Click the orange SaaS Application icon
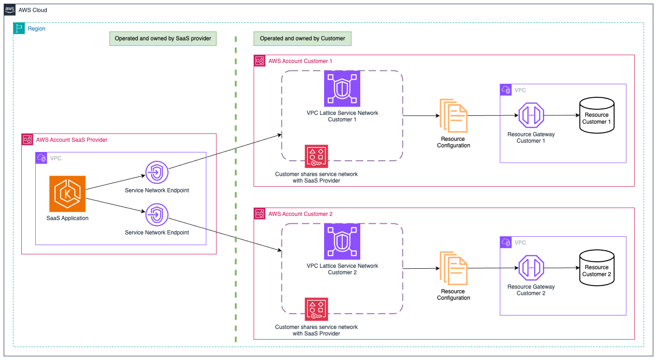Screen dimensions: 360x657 67,194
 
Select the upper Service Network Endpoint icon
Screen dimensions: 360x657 157,173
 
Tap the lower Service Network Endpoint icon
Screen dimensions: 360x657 157,215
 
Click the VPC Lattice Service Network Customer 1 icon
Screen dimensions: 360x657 342,88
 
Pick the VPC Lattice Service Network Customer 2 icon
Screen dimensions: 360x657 342,241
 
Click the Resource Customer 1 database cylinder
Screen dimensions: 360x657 597,115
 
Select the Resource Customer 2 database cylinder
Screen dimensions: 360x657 597,268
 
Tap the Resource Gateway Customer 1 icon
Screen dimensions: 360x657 531,115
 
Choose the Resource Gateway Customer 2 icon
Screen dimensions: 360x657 531,268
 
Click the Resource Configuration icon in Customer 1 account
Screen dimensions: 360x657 453,115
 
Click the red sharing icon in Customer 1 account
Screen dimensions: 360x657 316,156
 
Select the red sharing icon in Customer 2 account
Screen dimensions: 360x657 316,309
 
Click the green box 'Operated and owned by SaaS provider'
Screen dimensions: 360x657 163,38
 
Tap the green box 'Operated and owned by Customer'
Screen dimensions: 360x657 302,38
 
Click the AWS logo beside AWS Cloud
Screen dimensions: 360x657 10,10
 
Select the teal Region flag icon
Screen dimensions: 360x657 19,28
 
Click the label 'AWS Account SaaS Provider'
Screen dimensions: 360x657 72,139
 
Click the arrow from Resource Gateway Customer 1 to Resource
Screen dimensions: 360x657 561,115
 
